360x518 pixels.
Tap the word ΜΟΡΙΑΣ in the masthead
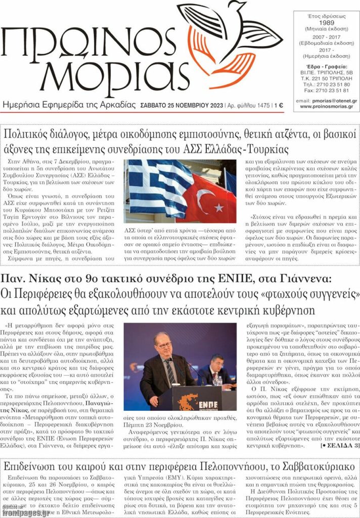pos(81,79)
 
